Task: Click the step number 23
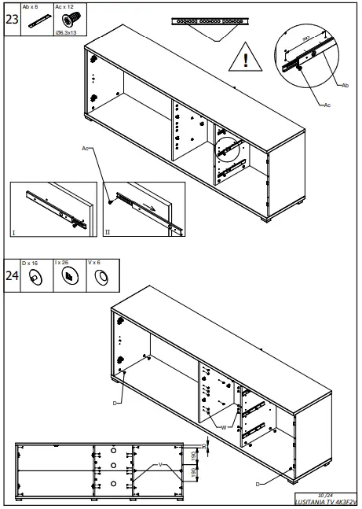[12, 20]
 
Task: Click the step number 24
[12, 276]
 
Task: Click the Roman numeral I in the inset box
[13, 234]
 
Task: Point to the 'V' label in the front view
[160, 465]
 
